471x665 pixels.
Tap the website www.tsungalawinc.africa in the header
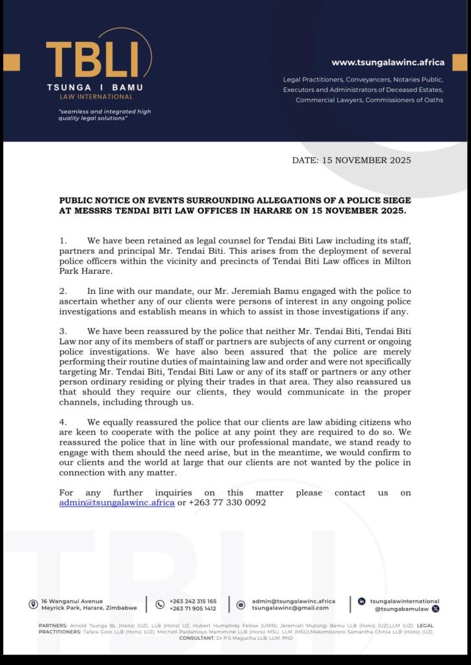(x=388, y=63)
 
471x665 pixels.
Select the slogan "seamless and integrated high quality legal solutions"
(x=104, y=115)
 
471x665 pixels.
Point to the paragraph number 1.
(x=63, y=241)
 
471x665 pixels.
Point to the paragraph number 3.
(x=63, y=332)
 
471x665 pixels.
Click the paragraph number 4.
(x=63, y=422)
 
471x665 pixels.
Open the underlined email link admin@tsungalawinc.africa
(x=116, y=502)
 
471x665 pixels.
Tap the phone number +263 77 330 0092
(x=227, y=502)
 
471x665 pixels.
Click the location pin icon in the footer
(x=33, y=605)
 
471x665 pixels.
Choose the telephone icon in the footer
(x=160, y=605)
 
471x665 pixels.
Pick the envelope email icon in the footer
(x=241, y=605)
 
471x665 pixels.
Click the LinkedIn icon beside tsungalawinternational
(x=362, y=602)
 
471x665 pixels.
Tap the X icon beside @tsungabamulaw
(x=435, y=609)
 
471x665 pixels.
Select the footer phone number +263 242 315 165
(x=193, y=602)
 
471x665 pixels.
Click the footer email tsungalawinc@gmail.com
(x=290, y=608)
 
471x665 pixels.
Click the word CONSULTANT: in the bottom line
(x=197, y=638)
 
